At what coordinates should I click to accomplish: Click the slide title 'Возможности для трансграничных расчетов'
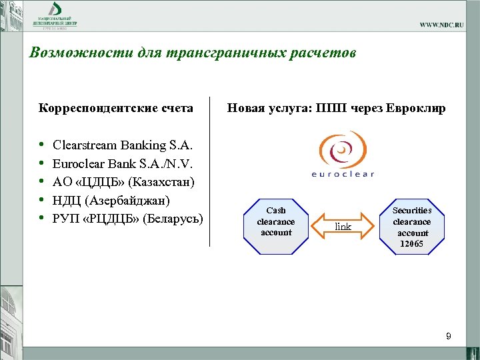(x=193, y=53)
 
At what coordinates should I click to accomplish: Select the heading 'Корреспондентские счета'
(x=116, y=108)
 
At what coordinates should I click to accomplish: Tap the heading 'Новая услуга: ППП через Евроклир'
(x=336, y=108)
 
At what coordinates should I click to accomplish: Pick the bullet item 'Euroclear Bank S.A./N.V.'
(x=123, y=163)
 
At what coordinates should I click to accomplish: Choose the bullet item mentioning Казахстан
(x=123, y=181)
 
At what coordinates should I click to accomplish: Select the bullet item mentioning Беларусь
(x=127, y=218)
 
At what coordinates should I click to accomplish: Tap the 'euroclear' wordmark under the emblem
(x=343, y=175)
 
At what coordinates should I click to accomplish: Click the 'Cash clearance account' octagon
(x=275, y=221)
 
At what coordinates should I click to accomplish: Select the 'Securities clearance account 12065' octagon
(x=411, y=227)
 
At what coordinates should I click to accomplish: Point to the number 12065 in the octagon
(x=411, y=244)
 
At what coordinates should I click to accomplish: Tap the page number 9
(x=449, y=337)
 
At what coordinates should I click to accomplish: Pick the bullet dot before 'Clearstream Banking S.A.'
(x=42, y=145)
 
